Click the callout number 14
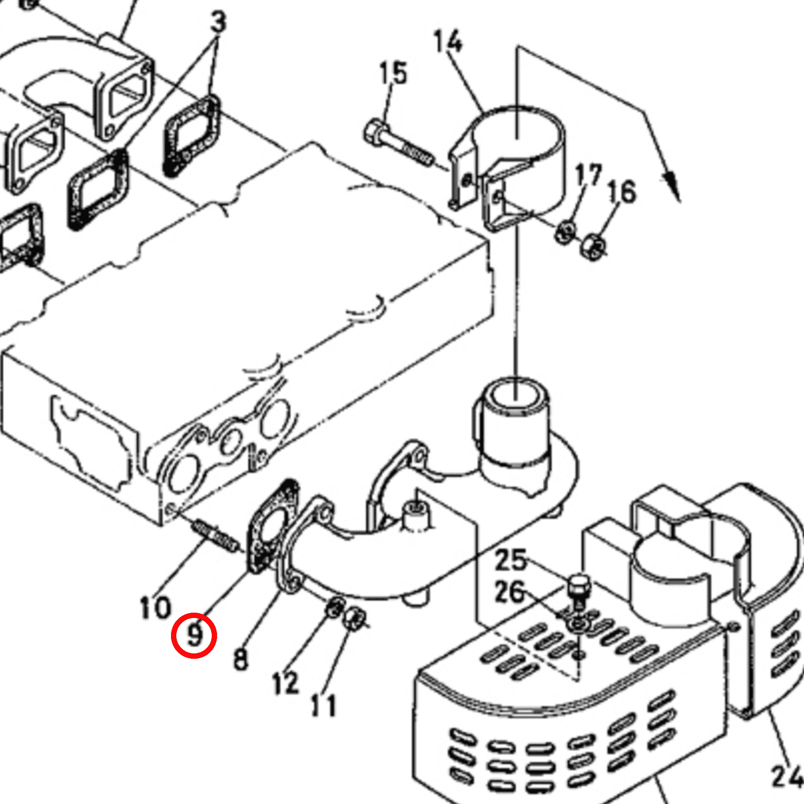[448, 42]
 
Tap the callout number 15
[393, 73]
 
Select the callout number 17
[588, 175]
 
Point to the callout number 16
[622, 192]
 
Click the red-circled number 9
[194, 636]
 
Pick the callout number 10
[155, 608]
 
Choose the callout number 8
[241, 659]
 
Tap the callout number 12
[285, 683]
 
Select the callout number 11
[324, 705]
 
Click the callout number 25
[510, 560]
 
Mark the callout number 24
[787, 776]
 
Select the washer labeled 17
[565, 232]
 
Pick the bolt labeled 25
[578, 590]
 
